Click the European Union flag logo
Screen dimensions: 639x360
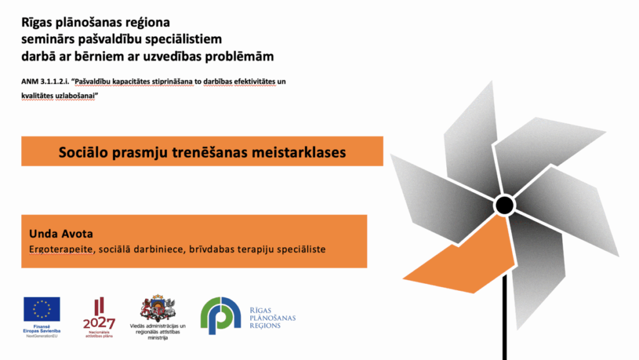(42, 309)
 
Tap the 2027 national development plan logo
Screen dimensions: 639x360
(99, 317)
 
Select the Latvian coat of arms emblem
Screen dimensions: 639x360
(158, 308)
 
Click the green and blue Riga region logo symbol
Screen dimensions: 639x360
(220, 316)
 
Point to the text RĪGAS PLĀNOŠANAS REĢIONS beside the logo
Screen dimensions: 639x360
(273, 318)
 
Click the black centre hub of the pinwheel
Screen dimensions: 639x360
(504, 205)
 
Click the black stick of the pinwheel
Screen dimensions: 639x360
(504, 317)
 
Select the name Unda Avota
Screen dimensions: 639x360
(61, 234)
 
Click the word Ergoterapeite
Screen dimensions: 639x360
(61, 249)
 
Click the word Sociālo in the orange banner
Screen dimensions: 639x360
(83, 152)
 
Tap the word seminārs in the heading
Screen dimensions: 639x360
(47, 39)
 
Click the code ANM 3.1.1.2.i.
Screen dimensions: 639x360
(45, 82)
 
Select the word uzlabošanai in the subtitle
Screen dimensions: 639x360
(77, 95)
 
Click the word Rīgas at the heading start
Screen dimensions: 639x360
(35, 22)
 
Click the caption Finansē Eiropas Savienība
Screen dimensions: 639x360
(42, 329)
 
